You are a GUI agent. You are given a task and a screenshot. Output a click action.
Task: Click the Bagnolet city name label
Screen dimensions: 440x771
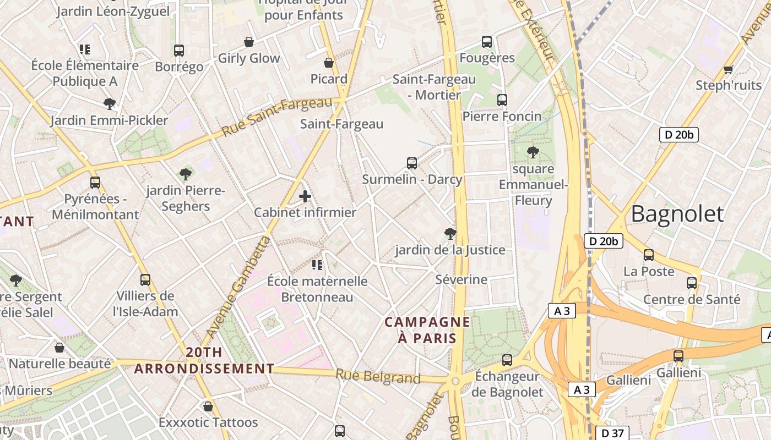coord(677,213)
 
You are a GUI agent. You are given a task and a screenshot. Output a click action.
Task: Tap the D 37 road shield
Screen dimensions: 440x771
coord(612,433)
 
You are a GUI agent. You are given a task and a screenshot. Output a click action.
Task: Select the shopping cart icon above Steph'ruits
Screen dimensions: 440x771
coord(728,70)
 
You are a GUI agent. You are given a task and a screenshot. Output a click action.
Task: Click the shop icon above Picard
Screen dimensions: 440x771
coord(329,63)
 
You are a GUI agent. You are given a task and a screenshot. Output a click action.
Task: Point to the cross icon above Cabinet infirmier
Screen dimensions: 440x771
coord(305,196)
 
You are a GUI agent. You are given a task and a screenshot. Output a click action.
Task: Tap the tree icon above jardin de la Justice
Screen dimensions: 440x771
coord(450,234)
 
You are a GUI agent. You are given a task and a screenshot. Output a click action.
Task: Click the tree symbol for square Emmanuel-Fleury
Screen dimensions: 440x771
coord(533,152)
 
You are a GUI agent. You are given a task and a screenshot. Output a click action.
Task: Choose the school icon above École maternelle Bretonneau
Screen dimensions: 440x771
coord(317,265)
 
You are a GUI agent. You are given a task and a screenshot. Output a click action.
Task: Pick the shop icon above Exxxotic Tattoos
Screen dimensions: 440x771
coord(208,406)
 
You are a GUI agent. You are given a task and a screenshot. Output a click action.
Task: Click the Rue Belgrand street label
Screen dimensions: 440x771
coord(378,377)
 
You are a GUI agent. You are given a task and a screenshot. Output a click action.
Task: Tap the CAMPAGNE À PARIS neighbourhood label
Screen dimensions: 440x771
coord(427,330)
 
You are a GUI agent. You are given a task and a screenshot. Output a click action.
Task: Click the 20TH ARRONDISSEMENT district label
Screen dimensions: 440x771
coord(204,360)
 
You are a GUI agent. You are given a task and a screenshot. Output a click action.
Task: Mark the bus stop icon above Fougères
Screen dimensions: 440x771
coord(487,42)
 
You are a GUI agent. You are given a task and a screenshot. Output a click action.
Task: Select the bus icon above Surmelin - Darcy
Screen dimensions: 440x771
coord(412,163)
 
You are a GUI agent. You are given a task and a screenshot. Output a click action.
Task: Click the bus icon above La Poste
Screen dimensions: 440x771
coord(649,255)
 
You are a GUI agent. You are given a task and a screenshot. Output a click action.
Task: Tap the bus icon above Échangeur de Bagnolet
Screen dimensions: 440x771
coord(507,360)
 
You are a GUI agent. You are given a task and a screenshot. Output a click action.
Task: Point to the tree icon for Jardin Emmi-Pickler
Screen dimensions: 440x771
coord(110,104)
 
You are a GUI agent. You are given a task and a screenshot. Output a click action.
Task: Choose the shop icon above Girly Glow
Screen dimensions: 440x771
coord(249,42)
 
